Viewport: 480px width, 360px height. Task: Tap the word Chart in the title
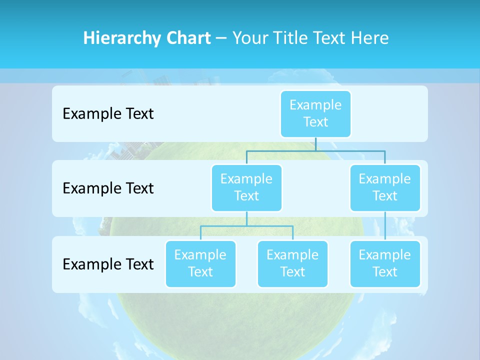click(x=187, y=38)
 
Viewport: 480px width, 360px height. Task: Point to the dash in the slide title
click(x=221, y=38)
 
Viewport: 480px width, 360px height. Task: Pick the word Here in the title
click(x=368, y=38)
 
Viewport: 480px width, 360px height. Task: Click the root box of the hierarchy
click(x=315, y=113)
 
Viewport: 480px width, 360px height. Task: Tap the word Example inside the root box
click(x=315, y=105)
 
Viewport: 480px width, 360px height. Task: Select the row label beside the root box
click(x=108, y=114)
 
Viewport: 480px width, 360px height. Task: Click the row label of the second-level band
click(x=108, y=188)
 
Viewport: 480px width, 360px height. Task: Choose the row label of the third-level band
click(x=108, y=264)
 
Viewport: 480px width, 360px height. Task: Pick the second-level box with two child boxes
click(x=246, y=187)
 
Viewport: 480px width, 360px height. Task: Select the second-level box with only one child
click(x=385, y=187)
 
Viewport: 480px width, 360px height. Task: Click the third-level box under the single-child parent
click(x=385, y=263)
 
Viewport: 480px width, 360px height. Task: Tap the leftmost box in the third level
click(x=200, y=263)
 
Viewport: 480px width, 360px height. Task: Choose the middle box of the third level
click(x=292, y=263)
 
